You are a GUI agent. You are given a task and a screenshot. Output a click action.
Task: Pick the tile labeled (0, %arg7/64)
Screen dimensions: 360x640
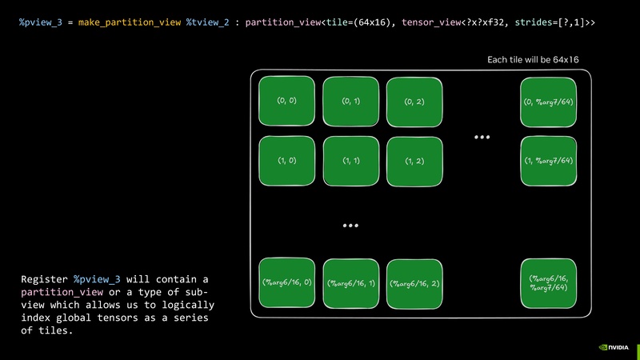(548, 102)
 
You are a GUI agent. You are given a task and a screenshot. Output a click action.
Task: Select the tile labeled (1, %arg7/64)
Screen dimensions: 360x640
(548, 161)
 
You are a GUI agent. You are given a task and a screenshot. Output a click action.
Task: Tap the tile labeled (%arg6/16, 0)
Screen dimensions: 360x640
(286, 283)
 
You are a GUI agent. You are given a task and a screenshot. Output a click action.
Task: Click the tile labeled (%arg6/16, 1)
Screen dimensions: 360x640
(350, 284)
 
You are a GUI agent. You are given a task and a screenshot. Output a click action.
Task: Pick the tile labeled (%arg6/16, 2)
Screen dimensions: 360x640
(414, 284)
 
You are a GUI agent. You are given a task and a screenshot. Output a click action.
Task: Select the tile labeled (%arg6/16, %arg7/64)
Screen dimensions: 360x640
(548, 283)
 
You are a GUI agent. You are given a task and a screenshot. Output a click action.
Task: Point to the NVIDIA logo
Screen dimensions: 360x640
(613, 348)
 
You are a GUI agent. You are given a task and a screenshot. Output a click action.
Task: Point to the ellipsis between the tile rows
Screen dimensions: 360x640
(350, 226)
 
